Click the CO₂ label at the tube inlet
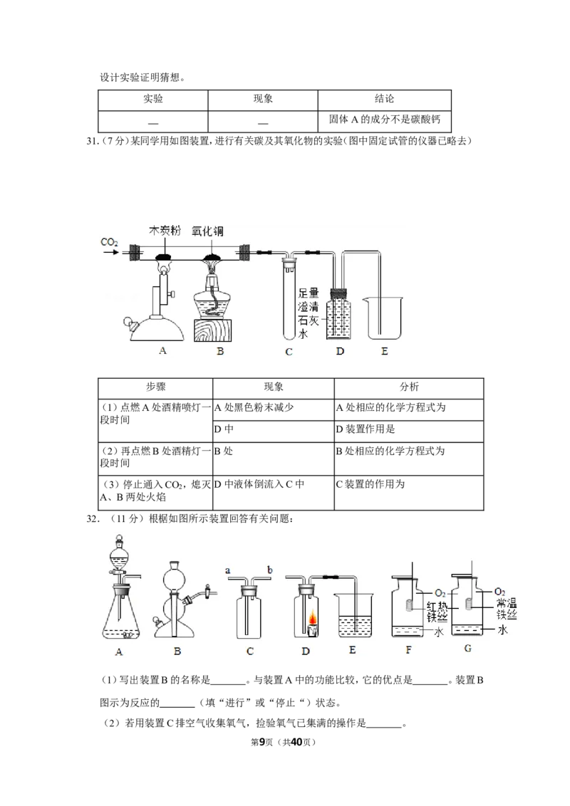click(x=109, y=241)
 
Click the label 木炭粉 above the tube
click(x=165, y=231)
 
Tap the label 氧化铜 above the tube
click(x=207, y=231)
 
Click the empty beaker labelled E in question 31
click(x=384, y=318)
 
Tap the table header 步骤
click(x=155, y=387)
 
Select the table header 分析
click(x=409, y=387)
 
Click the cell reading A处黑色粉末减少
click(x=254, y=407)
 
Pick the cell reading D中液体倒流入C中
click(x=259, y=484)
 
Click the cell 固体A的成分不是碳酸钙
click(x=384, y=119)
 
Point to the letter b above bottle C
click(x=269, y=570)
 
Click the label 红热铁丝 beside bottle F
click(x=437, y=612)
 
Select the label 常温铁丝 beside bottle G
click(x=506, y=609)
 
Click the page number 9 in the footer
click(x=261, y=742)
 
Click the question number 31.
click(x=92, y=142)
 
